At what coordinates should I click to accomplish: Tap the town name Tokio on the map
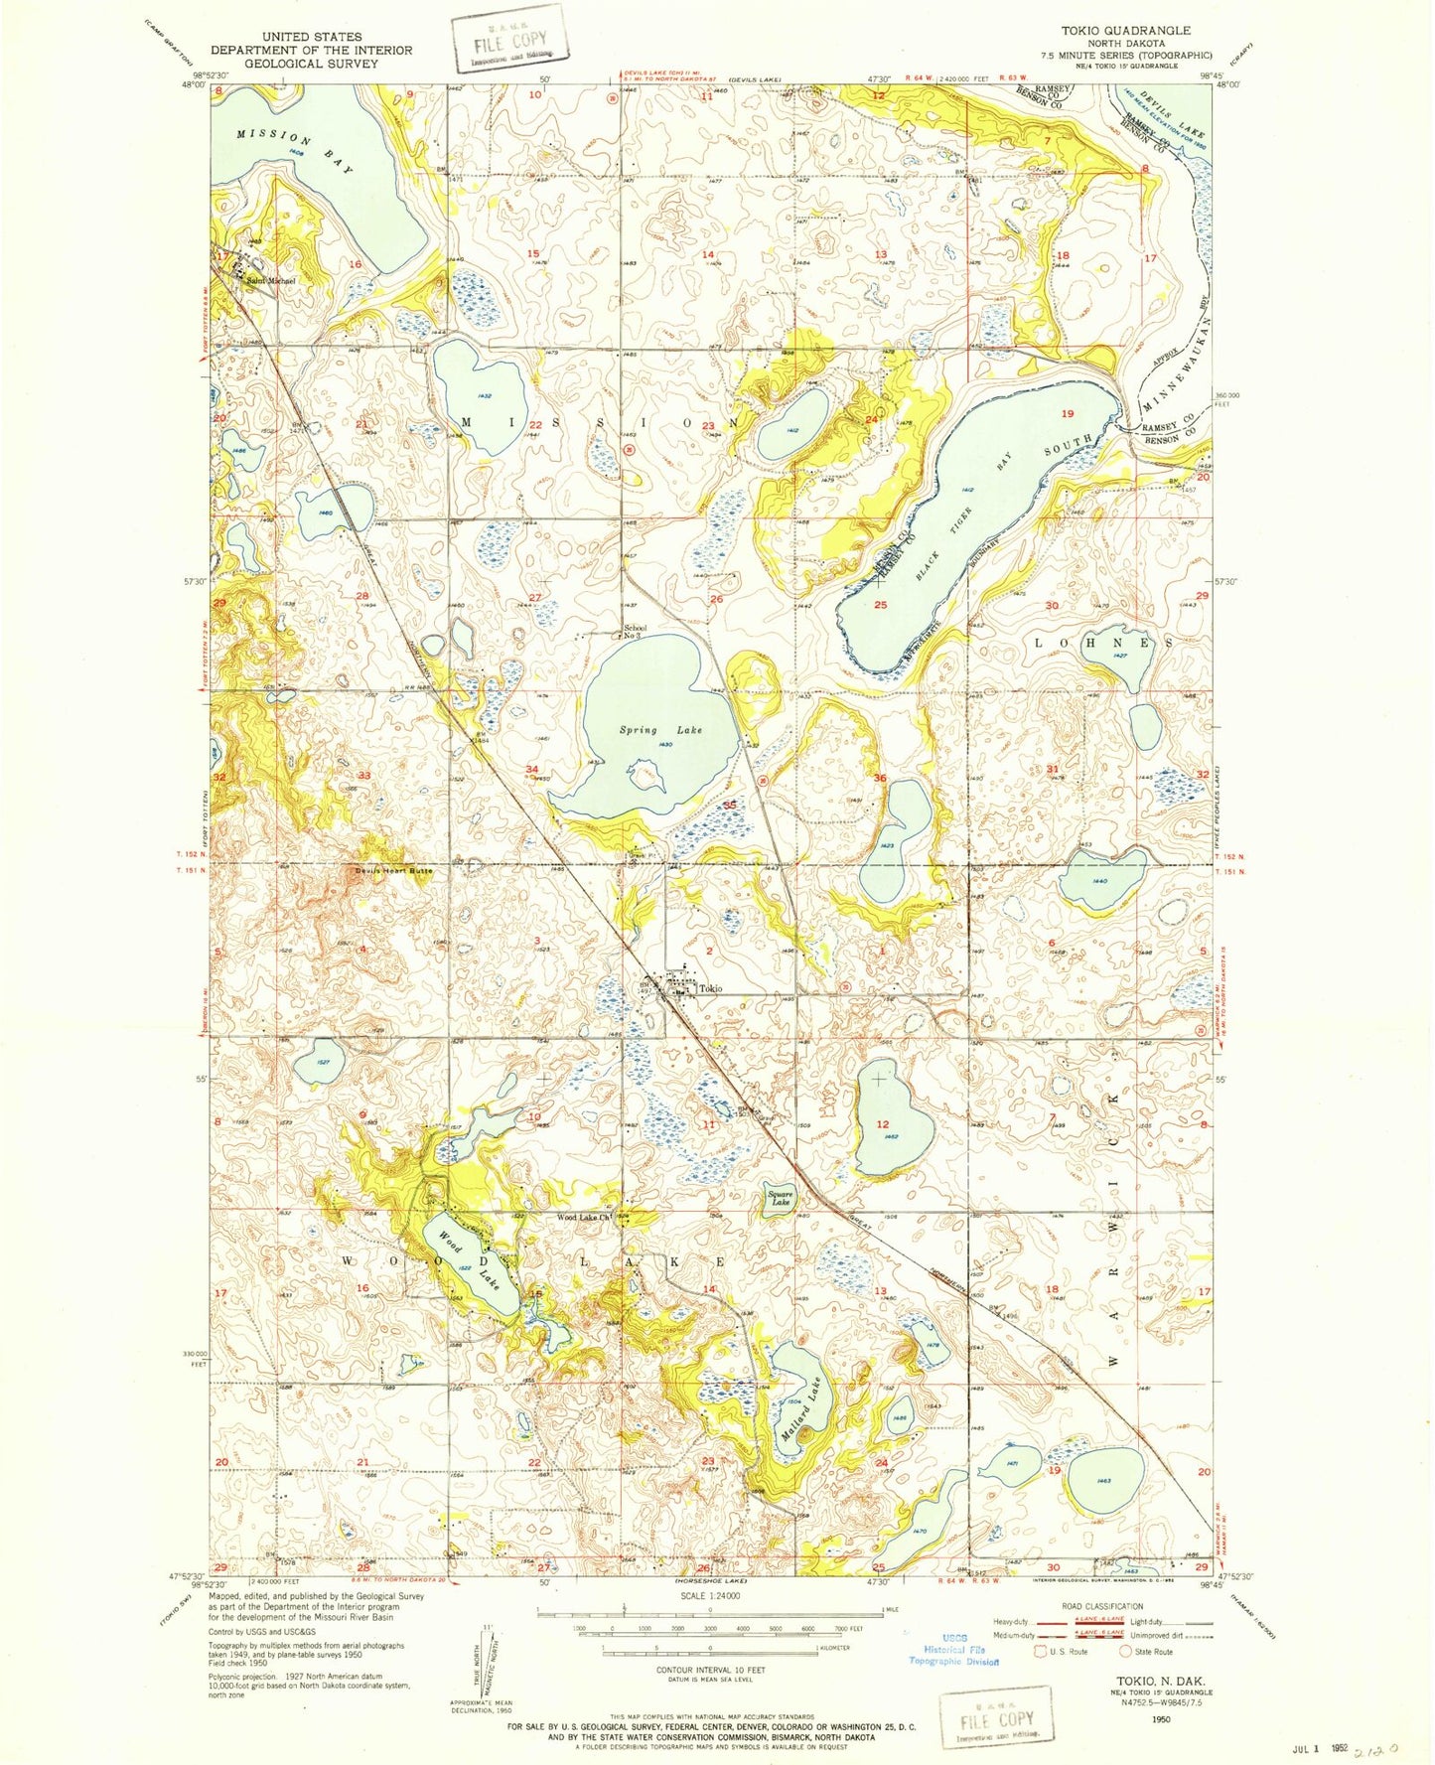tap(710, 988)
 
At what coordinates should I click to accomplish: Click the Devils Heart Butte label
tap(395, 871)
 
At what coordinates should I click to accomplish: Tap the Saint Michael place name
tap(271, 281)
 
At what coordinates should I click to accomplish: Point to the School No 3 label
tap(636, 632)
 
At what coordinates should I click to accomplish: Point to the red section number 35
tap(730, 805)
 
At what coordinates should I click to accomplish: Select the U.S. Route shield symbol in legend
tap(1041, 1651)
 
